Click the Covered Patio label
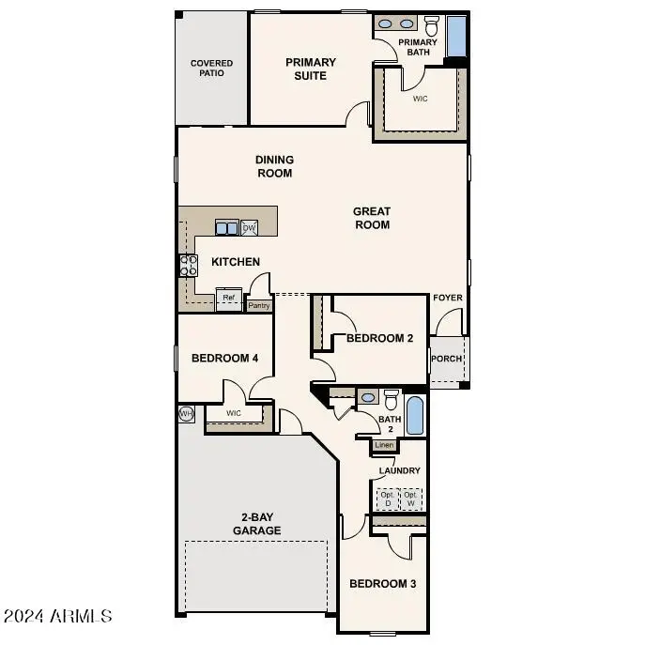point(211,69)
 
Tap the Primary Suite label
point(311,69)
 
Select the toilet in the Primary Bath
point(432,25)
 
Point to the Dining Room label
point(274,166)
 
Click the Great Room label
point(372,218)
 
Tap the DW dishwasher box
point(250,228)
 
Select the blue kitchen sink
point(226,228)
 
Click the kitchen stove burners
point(188,266)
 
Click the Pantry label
point(259,305)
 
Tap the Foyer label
point(447,299)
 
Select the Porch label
point(445,359)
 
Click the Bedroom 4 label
point(224,358)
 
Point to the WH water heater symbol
point(186,413)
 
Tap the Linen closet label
point(384,445)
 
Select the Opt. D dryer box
point(388,499)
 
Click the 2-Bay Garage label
point(256,524)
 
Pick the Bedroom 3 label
point(382,584)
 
